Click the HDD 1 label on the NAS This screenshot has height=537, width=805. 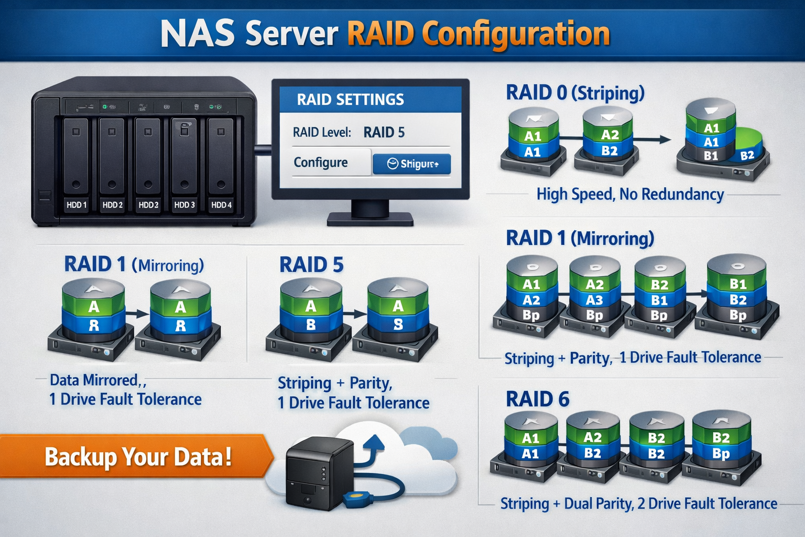(x=77, y=205)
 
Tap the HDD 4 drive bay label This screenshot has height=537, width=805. (x=221, y=205)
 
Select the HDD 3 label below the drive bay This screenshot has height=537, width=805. (x=184, y=205)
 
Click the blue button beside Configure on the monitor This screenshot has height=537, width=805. (x=411, y=164)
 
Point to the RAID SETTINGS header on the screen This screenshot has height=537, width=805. (x=350, y=100)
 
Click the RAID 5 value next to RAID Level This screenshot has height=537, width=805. (x=384, y=132)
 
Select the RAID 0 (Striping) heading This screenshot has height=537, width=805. (x=574, y=93)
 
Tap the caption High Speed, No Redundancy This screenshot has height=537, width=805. (x=630, y=195)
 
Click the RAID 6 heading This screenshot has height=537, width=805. (x=537, y=400)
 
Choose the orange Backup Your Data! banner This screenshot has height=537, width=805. (x=137, y=456)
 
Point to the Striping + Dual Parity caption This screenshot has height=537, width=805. (x=638, y=504)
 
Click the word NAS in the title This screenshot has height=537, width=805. (x=197, y=34)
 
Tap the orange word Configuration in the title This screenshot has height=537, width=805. (x=516, y=34)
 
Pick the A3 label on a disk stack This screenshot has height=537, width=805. (x=594, y=300)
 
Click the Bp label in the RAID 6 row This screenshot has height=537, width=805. (x=721, y=454)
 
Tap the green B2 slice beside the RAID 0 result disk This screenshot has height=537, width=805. (x=747, y=155)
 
